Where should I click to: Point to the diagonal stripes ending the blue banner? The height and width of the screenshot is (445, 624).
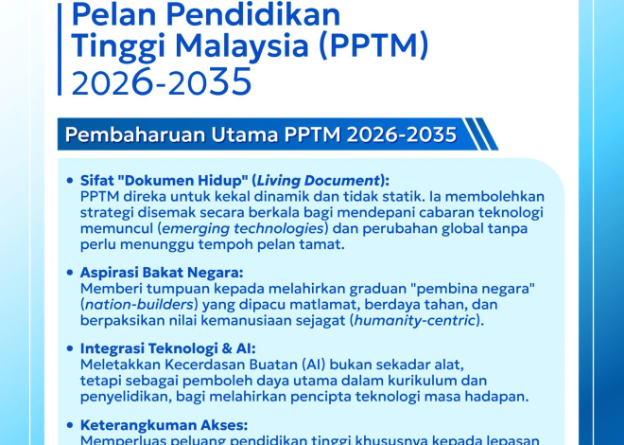(481, 134)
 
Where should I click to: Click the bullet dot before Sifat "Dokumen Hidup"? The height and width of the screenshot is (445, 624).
(71, 180)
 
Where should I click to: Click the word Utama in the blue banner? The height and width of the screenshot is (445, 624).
(251, 135)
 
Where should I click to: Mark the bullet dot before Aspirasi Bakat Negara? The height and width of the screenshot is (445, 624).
(71, 271)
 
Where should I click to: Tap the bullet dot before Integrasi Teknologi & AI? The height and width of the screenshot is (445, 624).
(71, 347)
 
